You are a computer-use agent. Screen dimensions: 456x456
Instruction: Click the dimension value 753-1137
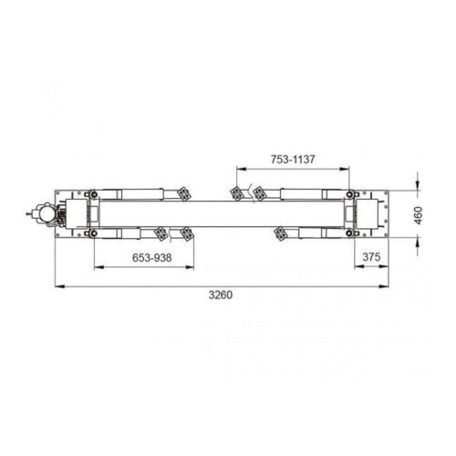point(292,159)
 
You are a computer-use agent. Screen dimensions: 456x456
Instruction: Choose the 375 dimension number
point(370,258)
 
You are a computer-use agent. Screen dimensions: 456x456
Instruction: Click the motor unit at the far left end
point(39,213)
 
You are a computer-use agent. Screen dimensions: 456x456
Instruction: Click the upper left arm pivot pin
point(92,193)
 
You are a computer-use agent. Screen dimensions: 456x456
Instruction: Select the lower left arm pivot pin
point(92,233)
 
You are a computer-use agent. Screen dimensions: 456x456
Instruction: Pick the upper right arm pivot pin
point(351,193)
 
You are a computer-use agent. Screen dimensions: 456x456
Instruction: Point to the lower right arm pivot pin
point(351,233)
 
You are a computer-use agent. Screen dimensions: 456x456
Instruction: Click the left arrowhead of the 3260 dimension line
point(57,288)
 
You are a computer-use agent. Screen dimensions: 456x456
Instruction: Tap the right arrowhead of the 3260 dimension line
point(389,288)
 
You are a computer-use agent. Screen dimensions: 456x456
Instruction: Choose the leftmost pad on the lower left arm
point(161,233)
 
